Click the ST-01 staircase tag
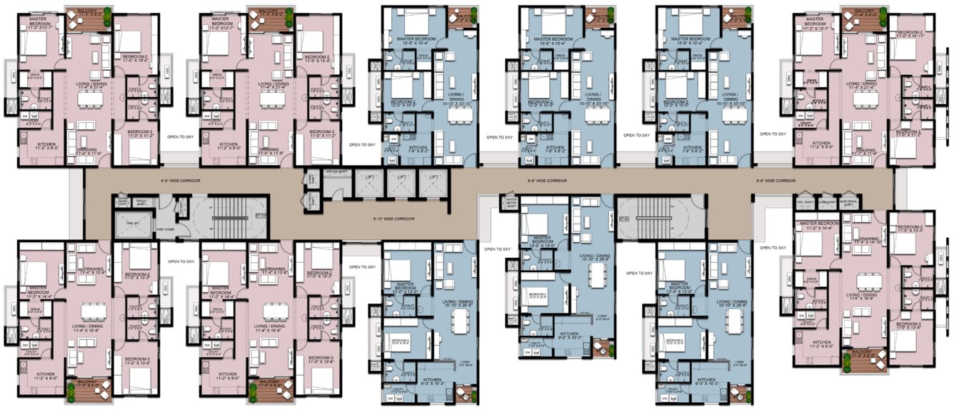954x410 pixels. (261, 214)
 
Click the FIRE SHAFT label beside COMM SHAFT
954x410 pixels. (803, 202)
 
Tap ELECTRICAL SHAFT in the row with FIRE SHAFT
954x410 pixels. (849, 202)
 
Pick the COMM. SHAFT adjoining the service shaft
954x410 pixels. (311, 179)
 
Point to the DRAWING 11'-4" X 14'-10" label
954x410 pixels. (869, 241)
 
